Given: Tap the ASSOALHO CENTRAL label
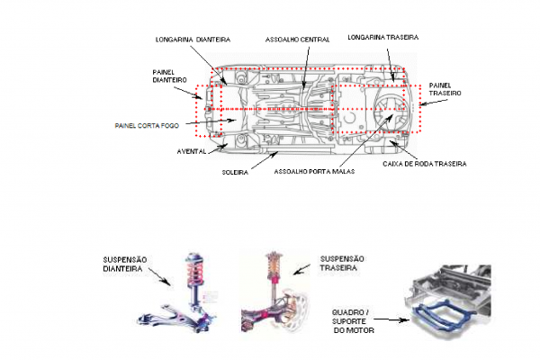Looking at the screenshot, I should coord(296,40).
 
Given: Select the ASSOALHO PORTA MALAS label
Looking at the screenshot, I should coord(311,171).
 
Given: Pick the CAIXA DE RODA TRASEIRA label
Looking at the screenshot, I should coord(428,162).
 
